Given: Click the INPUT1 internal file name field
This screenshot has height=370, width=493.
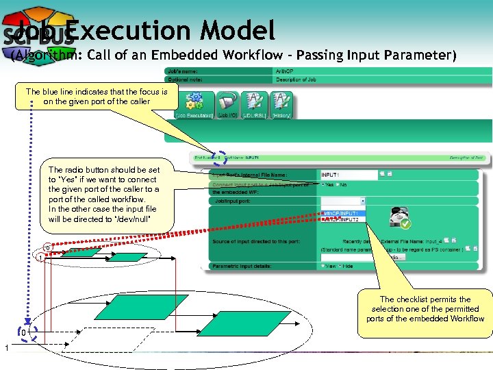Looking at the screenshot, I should tap(348, 175).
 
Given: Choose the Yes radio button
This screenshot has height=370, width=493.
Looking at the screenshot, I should tap(323, 184).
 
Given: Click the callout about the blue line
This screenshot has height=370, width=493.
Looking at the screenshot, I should tap(96, 97).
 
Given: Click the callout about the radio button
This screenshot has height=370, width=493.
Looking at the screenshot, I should tap(103, 195).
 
